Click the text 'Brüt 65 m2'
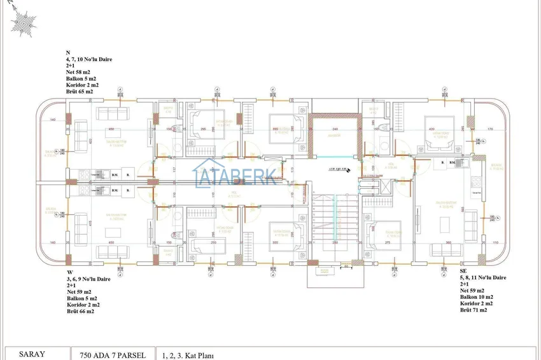(80, 92)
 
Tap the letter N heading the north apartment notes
(68, 53)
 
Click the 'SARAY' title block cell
(32, 354)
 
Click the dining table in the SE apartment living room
(445, 223)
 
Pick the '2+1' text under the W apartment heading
(72, 285)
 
